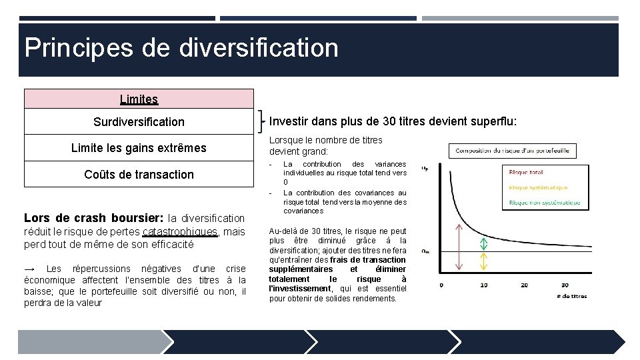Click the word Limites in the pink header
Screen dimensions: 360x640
click(x=139, y=99)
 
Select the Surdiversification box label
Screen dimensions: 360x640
click(x=139, y=122)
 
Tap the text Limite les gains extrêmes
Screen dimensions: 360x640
click(x=139, y=148)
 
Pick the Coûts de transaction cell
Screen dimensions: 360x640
click(x=139, y=175)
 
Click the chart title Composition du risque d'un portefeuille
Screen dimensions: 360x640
click(x=512, y=151)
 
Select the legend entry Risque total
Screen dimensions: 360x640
click(x=526, y=172)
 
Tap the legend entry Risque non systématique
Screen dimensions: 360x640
click(x=544, y=203)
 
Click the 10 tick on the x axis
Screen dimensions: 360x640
click(x=485, y=285)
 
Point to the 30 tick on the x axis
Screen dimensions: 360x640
click(x=565, y=285)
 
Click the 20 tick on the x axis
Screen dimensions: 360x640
click(x=525, y=285)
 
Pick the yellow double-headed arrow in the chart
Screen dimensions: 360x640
click(x=485, y=261)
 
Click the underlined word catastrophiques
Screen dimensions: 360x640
click(x=180, y=232)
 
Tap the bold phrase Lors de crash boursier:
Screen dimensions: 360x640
click(x=93, y=218)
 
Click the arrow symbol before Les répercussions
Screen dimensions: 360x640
click(x=29, y=269)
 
